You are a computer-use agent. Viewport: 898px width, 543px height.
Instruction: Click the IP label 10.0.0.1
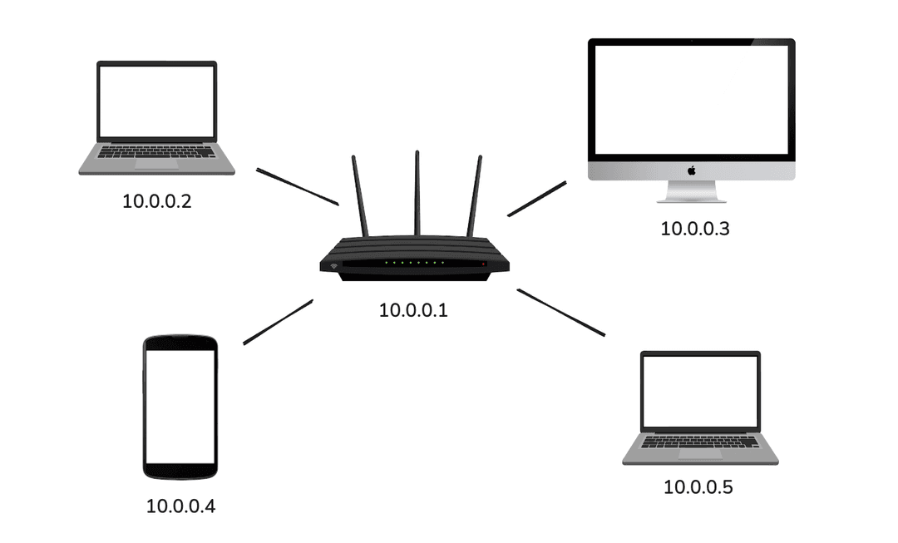[x=413, y=311]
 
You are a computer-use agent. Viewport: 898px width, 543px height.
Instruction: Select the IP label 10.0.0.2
[x=157, y=201]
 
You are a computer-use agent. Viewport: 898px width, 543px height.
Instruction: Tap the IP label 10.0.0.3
[x=695, y=229]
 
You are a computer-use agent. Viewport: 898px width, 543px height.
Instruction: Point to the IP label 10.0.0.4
[x=180, y=506]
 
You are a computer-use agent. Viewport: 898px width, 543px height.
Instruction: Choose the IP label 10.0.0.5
[x=698, y=487]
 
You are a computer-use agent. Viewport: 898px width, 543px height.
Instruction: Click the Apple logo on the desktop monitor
[x=691, y=170]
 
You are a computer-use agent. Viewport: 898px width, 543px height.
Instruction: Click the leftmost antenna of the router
[x=360, y=196]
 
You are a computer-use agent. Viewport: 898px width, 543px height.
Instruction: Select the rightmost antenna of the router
[x=475, y=196]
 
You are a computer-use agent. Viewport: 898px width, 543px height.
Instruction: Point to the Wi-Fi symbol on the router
[x=333, y=267]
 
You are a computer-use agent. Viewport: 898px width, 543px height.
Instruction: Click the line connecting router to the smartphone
[x=278, y=323]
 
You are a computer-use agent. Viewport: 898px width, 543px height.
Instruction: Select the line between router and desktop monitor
[x=536, y=200]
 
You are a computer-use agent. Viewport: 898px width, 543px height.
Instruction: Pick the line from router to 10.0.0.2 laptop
[x=297, y=186]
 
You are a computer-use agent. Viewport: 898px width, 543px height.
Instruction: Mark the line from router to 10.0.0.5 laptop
[x=560, y=313]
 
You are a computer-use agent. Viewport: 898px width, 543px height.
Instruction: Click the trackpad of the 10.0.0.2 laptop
[x=156, y=165]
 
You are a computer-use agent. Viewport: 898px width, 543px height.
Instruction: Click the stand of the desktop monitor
[x=691, y=192]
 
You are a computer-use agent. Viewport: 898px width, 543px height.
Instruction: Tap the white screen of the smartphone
[x=180, y=407]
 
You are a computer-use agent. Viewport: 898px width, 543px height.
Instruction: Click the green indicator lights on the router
[x=413, y=263]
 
